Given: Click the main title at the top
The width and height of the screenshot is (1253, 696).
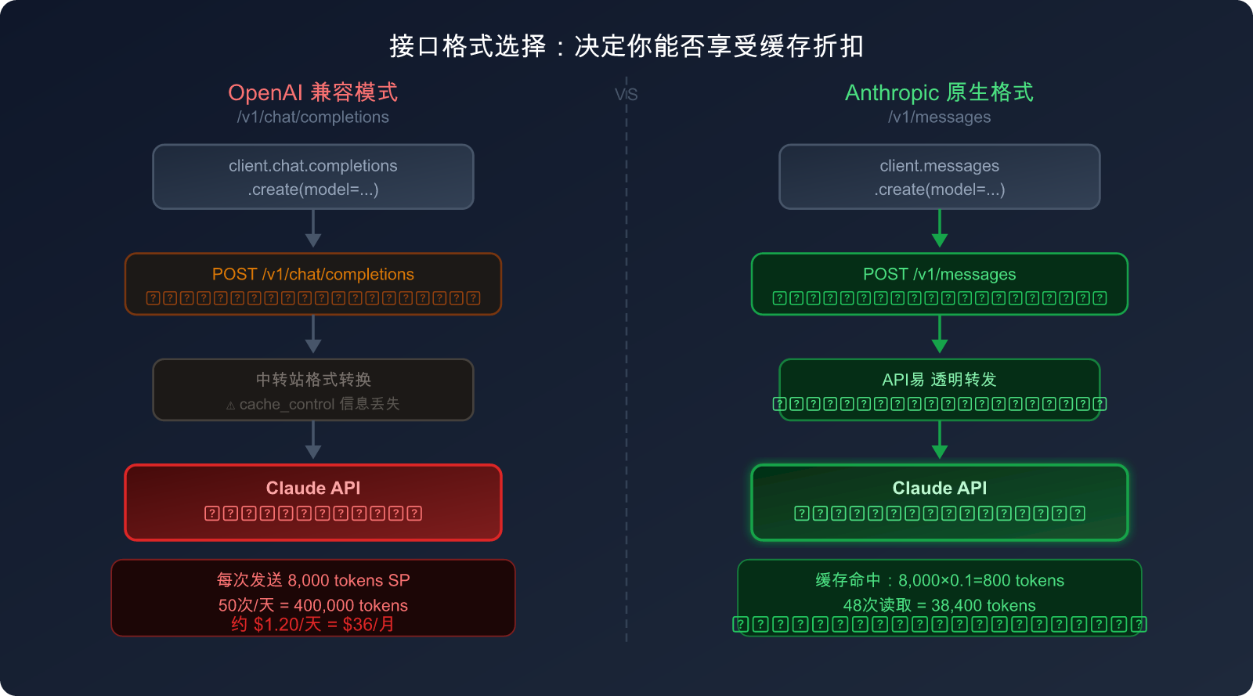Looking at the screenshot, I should pos(626,46).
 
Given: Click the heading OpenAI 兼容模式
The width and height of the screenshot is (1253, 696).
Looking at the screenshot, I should pos(313,92).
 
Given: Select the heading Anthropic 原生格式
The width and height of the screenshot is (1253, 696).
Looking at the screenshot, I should pos(939,92).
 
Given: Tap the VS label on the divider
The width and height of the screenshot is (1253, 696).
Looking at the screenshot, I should pos(626,95).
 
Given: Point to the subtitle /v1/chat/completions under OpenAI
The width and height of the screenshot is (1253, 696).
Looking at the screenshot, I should pos(313,117).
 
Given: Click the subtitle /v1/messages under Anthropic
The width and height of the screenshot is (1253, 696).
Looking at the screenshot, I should pos(939,117).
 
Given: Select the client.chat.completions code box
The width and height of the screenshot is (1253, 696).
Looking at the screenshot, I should pos(313,177).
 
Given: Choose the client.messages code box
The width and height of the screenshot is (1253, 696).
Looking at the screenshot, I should pos(939,177).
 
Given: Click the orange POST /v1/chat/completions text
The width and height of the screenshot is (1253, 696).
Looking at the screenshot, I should pos(313,275).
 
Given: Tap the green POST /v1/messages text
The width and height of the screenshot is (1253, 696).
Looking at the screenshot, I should pos(939,275).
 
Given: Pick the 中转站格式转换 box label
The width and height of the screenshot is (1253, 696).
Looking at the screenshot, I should pos(313,380).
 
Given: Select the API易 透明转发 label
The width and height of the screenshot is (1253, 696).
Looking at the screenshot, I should pos(939,380).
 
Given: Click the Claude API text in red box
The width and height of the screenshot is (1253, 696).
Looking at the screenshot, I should pos(313,489).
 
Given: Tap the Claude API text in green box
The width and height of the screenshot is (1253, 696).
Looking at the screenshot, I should pos(939,489).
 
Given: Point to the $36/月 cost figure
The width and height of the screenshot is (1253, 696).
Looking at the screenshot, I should pos(368,625).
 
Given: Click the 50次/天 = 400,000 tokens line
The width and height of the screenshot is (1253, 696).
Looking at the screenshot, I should pos(313,605).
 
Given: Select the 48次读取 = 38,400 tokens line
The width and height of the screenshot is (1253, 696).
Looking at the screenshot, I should pos(939,605).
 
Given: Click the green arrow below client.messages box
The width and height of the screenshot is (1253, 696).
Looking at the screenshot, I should pos(940,231).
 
